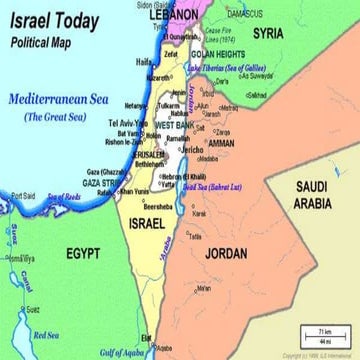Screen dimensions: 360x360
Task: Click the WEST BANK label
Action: pyautogui.click(x=175, y=125)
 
